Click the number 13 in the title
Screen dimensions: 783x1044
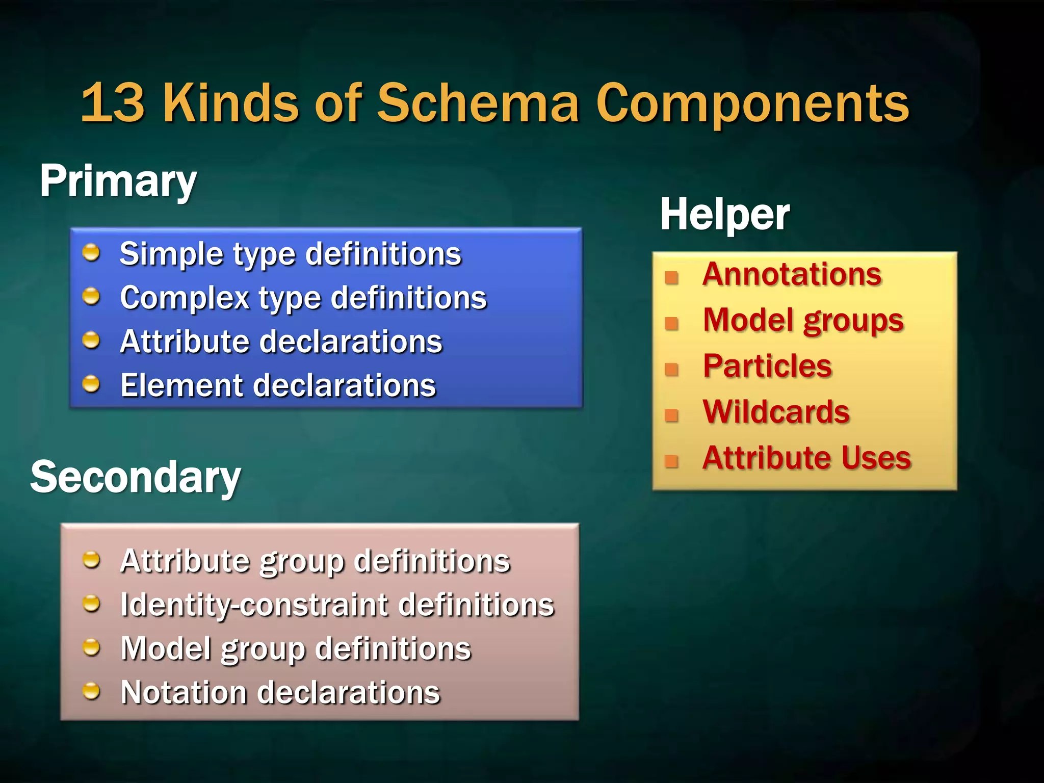113,103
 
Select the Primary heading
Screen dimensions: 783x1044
118,181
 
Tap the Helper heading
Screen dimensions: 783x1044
724,215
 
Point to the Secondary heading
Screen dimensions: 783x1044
136,477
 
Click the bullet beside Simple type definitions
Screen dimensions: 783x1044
91,252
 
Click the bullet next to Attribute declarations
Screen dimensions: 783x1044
91,340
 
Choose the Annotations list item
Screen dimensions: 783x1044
792,274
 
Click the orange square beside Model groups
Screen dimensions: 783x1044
672,323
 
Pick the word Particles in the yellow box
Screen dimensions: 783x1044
767,366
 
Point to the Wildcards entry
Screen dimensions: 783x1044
776,411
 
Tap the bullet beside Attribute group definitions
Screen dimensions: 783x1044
91,560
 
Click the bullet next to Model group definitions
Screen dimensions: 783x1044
91,647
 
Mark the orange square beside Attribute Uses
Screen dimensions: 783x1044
672,461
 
